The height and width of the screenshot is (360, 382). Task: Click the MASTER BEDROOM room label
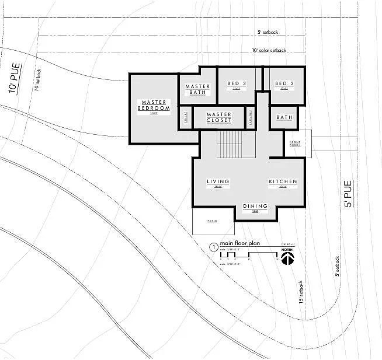tap(154, 106)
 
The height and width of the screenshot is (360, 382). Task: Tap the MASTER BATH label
tap(197, 90)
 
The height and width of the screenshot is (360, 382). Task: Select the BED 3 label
tap(237, 84)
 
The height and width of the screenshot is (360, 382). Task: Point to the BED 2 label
tap(284, 84)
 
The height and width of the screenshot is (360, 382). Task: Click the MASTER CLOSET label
tap(219, 118)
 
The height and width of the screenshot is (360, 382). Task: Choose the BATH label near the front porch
tap(284, 118)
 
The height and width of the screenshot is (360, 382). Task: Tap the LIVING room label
tap(218, 182)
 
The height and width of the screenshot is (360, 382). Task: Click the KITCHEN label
tap(283, 182)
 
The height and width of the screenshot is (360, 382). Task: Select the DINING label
tap(255, 206)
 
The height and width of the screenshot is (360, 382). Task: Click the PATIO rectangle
tap(213, 222)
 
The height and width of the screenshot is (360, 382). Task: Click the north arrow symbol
tap(287, 257)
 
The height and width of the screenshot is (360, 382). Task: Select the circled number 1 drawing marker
tap(213, 247)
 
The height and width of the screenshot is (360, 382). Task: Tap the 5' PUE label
tap(348, 194)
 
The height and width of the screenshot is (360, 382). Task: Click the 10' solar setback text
tap(269, 51)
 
